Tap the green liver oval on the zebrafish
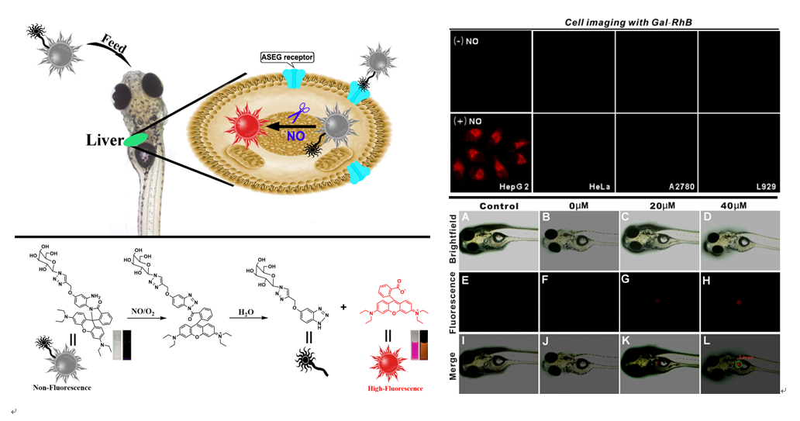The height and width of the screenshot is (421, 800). pyautogui.click(x=137, y=140)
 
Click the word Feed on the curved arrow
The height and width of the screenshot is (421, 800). pyautogui.click(x=114, y=43)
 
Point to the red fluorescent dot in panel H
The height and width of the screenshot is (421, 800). pyautogui.click(x=739, y=302)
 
